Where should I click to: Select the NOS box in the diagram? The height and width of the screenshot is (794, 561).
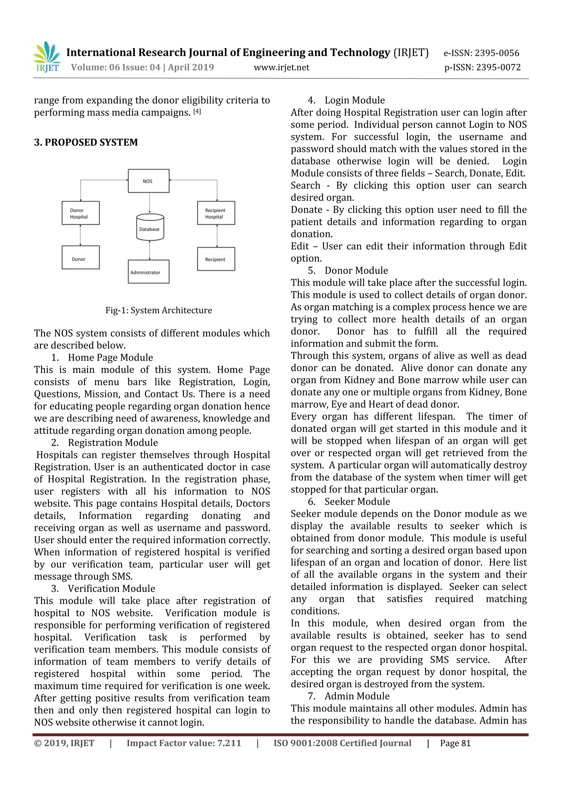pyautogui.click(x=149, y=181)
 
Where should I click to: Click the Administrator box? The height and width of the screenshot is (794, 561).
pyautogui.click(x=149, y=272)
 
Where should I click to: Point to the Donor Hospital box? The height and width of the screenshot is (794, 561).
pyautogui.click(x=81, y=213)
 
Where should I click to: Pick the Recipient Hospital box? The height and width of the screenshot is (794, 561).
pyautogui.click(x=216, y=213)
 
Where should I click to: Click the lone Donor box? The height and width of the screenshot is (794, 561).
pyautogui.click(x=81, y=258)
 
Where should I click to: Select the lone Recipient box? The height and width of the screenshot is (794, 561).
pyautogui.click(x=216, y=259)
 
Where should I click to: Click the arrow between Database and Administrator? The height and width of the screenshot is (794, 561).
pyautogui.click(x=150, y=250)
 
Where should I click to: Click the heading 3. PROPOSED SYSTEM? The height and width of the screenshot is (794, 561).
pyautogui.click(x=86, y=143)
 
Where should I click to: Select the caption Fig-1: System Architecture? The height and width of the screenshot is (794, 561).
pyautogui.click(x=159, y=311)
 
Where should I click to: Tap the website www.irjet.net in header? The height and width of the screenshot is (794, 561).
pyautogui.click(x=281, y=67)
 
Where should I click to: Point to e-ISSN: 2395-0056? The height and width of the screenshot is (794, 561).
pyautogui.click(x=481, y=53)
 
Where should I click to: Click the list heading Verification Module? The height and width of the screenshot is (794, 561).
pyautogui.click(x=111, y=589)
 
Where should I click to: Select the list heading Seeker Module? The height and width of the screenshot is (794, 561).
pyautogui.click(x=357, y=502)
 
